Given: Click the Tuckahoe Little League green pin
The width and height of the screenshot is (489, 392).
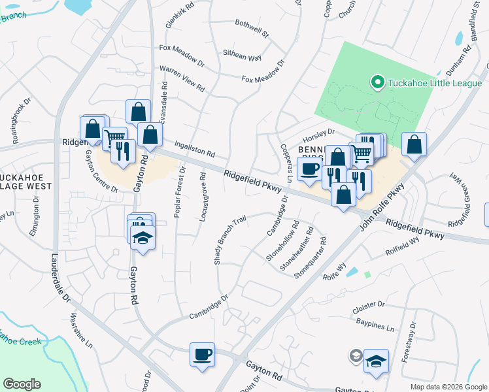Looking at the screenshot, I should [377, 82].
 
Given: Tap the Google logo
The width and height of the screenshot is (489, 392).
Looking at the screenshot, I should [22, 384].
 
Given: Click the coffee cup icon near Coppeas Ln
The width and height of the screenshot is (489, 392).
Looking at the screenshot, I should [309, 169].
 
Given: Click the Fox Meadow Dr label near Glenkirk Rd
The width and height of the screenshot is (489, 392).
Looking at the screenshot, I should [182, 53].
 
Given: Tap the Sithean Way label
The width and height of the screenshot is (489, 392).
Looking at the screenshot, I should [243, 57].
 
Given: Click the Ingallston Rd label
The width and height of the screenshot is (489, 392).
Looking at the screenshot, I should [194, 149].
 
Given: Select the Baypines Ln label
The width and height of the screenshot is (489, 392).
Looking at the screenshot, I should [376, 325].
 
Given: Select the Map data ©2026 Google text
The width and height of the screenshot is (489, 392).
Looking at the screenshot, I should [448, 387].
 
